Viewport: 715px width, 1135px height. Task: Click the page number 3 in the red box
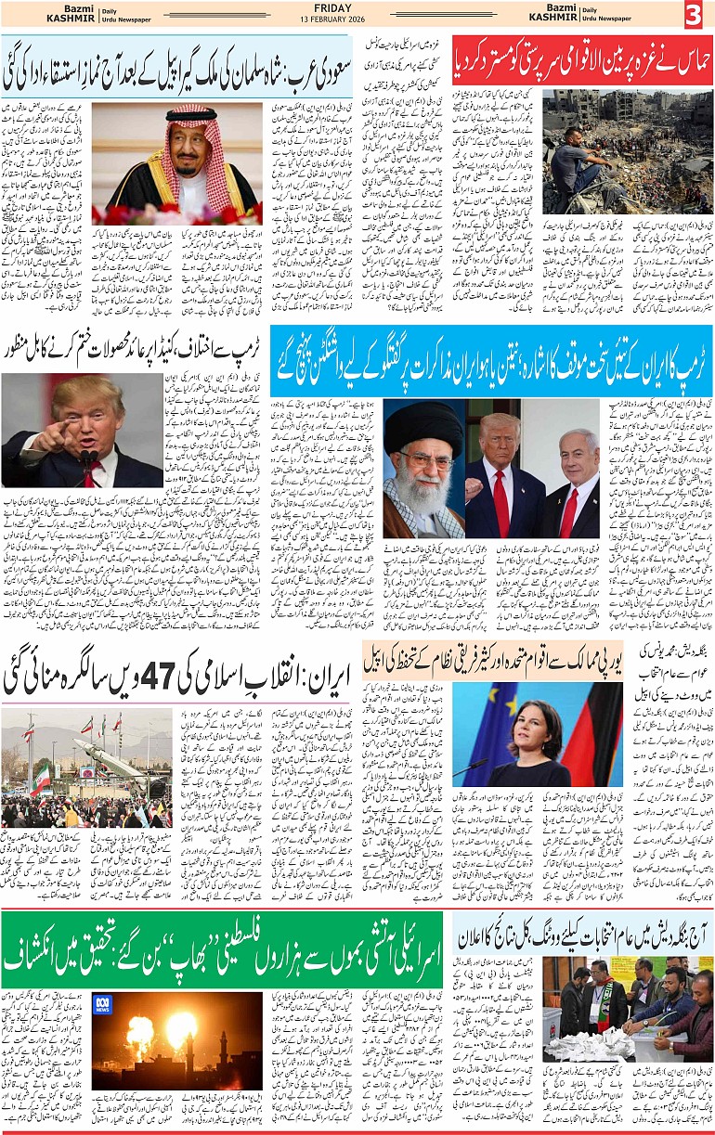(x=695, y=16)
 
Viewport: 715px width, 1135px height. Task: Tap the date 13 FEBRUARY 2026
(x=357, y=21)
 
